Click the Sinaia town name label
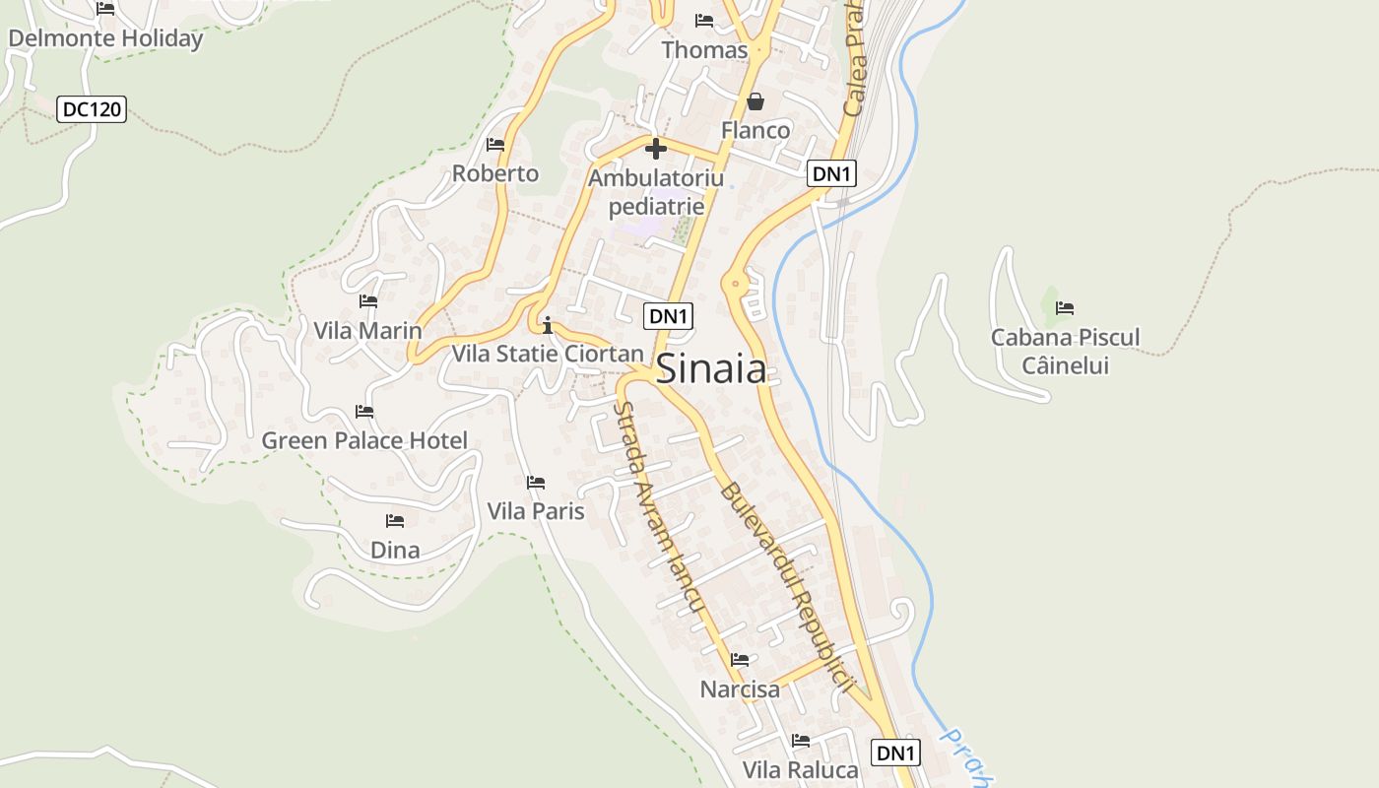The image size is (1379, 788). (x=710, y=368)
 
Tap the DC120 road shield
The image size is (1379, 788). (x=93, y=109)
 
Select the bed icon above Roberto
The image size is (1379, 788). (x=495, y=145)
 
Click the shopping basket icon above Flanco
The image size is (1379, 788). (x=755, y=101)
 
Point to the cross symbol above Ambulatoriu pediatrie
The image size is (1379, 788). (x=655, y=150)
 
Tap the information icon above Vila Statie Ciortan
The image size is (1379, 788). (x=548, y=325)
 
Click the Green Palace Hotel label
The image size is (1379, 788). (x=364, y=440)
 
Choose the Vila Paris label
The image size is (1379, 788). (x=536, y=511)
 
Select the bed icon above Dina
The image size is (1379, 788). (x=395, y=521)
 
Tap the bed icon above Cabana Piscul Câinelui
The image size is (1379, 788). (x=1065, y=308)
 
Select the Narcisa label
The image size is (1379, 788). (x=740, y=689)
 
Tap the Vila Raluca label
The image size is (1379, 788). (x=801, y=769)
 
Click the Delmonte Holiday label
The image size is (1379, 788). (x=105, y=39)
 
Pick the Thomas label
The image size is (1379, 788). (x=704, y=49)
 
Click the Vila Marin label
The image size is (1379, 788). (x=367, y=330)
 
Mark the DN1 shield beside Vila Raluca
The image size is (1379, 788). (x=896, y=753)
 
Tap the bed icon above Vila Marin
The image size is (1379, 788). (x=368, y=301)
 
